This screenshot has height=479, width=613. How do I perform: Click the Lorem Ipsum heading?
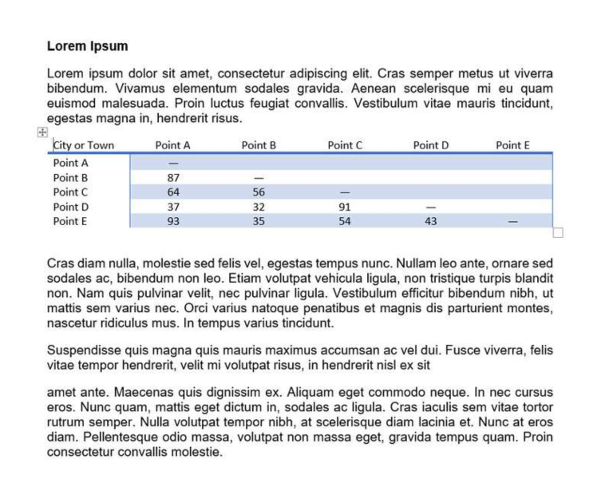click(87, 46)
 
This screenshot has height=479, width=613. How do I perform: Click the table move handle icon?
click(42, 133)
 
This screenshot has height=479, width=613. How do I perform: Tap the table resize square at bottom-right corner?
click(558, 232)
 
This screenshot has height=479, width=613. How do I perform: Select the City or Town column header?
click(84, 145)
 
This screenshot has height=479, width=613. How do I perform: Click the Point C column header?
click(345, 145)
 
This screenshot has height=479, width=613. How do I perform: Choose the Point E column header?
click(512, 145)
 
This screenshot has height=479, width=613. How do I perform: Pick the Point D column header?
click(431, 145)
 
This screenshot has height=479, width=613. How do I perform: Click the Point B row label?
click(70, 177)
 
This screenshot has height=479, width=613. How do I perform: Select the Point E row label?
click(70, 221)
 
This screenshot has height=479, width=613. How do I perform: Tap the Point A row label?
click(70, 163)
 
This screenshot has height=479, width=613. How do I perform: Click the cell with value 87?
click(173, 177)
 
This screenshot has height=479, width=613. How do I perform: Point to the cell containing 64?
click(173, 192)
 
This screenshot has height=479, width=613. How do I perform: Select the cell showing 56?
click(259, 192)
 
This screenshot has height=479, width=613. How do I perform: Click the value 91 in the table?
click(345, 207)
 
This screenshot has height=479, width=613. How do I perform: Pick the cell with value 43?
click(431, 221)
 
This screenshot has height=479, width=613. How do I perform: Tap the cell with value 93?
click(173, 221)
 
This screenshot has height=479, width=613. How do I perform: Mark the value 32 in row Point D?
click(259, 207)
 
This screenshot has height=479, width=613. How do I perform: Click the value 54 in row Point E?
click(345, 221)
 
